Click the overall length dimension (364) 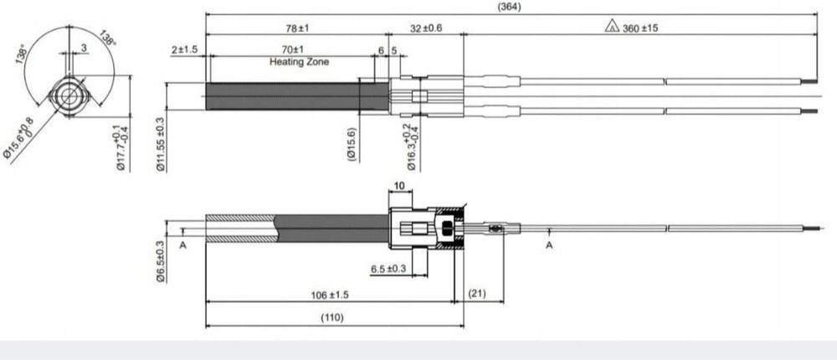point(507,7)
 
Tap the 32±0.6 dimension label point(427,28)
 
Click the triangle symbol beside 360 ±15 point(612,27)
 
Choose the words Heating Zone point(300,62)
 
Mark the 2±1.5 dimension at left point(184,50)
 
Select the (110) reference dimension point(333,317)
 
